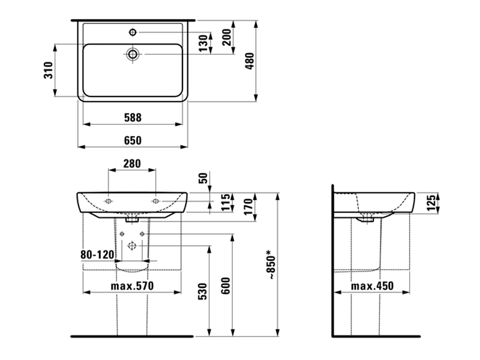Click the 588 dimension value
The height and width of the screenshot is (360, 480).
(x=133, y=118)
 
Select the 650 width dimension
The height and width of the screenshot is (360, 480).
(x=133, y=140)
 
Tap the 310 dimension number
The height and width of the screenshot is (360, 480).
(x=49, y=70)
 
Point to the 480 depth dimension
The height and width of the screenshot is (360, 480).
(x=250, y=61)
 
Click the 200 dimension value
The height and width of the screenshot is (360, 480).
(x=227, y=37)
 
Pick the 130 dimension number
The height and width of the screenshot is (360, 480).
(x=203, y=43)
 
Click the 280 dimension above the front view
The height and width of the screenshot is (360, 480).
(x=132, y=164)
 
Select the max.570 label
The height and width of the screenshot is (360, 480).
(x=132, y=286)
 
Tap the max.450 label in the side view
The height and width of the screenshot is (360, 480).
(x=372, y=286)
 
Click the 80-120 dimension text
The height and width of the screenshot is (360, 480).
(x=97, y=254)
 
